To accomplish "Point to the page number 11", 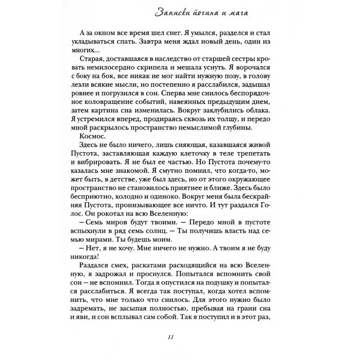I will pos(180,339).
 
